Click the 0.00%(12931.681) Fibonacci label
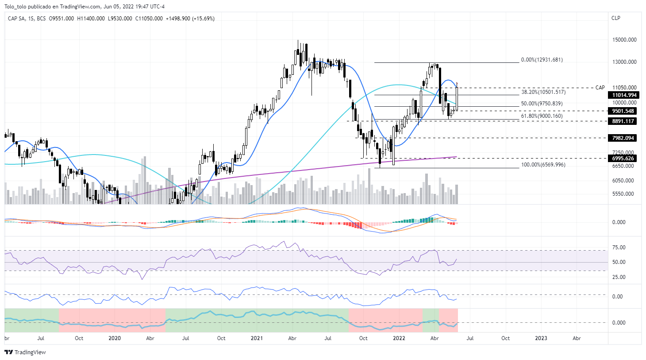542,60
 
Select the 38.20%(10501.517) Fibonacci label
543,92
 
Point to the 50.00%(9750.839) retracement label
542,104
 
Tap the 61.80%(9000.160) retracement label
542,116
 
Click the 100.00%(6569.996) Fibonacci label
543,165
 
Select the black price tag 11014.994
624,95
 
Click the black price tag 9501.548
623,111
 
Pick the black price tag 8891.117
623,121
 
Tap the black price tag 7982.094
623,138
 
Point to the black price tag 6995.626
623,159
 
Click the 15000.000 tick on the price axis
624,40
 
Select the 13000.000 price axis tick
624,62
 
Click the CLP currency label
615,18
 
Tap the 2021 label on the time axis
257,338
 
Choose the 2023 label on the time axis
541,338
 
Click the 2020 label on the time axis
115,338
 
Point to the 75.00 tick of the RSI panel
619,248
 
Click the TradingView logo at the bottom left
25,352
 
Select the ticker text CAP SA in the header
16,19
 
